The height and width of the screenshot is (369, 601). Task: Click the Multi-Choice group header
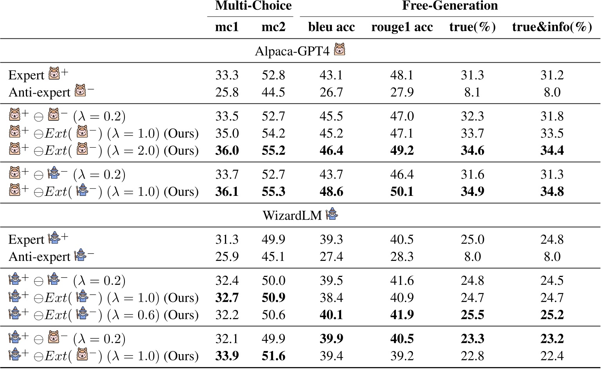point(253,6)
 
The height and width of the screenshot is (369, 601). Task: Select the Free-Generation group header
point(450,6)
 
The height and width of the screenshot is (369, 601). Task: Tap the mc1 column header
point(227,27)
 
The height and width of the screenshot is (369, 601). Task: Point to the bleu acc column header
point(331,27)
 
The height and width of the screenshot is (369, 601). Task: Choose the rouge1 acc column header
point(402,27)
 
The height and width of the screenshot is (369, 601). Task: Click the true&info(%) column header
point(552,27)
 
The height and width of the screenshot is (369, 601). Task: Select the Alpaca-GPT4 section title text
point(292,51)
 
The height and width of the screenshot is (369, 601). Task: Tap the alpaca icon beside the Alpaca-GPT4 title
point(339,50)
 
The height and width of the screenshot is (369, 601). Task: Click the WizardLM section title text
point(292,215)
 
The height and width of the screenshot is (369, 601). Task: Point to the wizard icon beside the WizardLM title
point(332,214)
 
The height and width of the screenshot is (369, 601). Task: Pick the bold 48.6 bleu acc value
point(331,192)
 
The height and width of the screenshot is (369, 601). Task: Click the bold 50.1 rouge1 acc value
point(402,192)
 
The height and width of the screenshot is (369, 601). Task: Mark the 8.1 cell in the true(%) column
point(472,92)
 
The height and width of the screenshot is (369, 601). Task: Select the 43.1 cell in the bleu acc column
point(331,75)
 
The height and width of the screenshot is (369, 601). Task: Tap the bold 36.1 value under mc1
point(227,192)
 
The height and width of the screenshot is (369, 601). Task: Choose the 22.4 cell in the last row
point(552,356)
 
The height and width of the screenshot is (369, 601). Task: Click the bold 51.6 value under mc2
point(273,356)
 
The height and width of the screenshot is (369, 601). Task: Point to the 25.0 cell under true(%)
point(472,239)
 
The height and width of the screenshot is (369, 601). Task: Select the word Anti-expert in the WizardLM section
point(39,257)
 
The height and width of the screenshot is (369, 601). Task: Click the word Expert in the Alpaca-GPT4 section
point(26,75)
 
